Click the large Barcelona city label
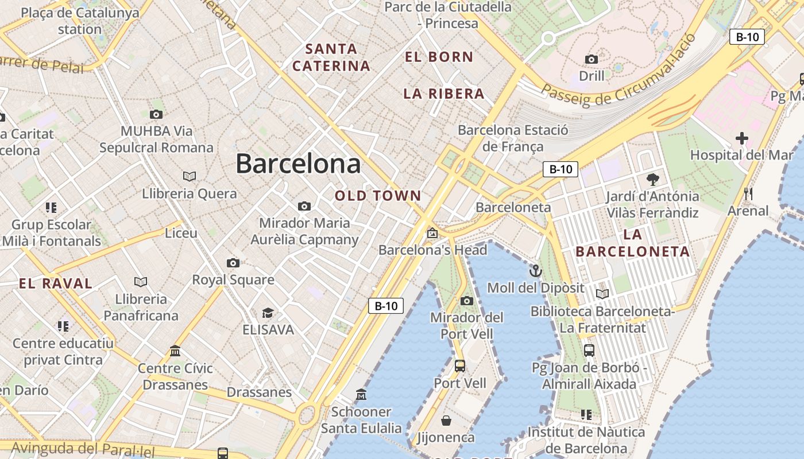pyautogui.click(x=298, y=164)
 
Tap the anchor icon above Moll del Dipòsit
pyautogui.click(x=535, y=270)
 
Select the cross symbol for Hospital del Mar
pyautogui.click(x=742, y=138)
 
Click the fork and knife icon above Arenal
pyautogui.click(x=748, y=194)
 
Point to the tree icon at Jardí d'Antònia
pyautogui.click(x=652, y=179)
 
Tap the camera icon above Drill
pyautogui.click(x=592, y=59)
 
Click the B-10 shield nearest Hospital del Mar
pyautogui.click(x=747, y=37)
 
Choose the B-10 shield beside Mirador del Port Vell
pyautogui.click(x=386, y=306)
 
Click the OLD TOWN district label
pyautogui.click(x=378, y=196)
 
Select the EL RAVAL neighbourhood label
pyautogui.click(x=56, y=283)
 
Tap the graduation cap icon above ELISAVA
pyautogui.click(x=268, y=313)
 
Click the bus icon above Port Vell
pyautogui.click(x=459, y=365)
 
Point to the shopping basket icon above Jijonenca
pyautogui.click(x=446, y=421)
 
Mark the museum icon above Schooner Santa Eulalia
pyautogui.click(x=361, y=395)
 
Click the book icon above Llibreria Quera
pyautogui.click(x=189, y=176)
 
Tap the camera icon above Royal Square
pyautogui.click(x=233, y=263)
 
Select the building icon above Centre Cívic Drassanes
pyautogui.click(x=175, y=351)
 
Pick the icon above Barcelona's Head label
pyautogui.click(x=432, y=233)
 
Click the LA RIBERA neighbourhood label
pyautogui.click(x=443, y=94)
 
